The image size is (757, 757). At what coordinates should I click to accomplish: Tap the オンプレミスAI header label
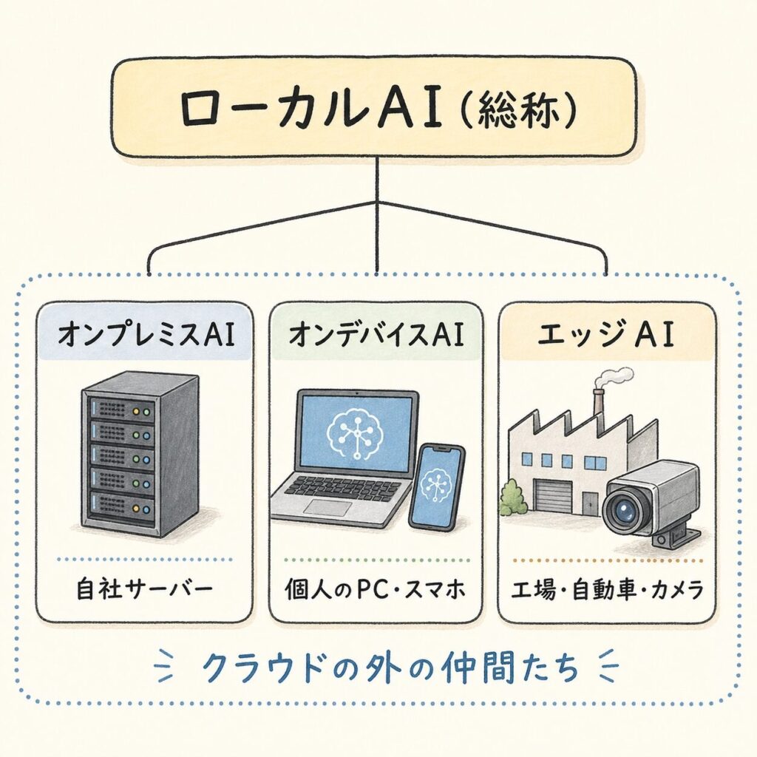tap(145, 335)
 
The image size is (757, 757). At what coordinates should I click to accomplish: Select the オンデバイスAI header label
tap(376, 335)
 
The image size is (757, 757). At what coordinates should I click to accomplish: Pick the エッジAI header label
tap(607, 335)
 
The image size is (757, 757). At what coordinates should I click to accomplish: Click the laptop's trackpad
tap(333, 506)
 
